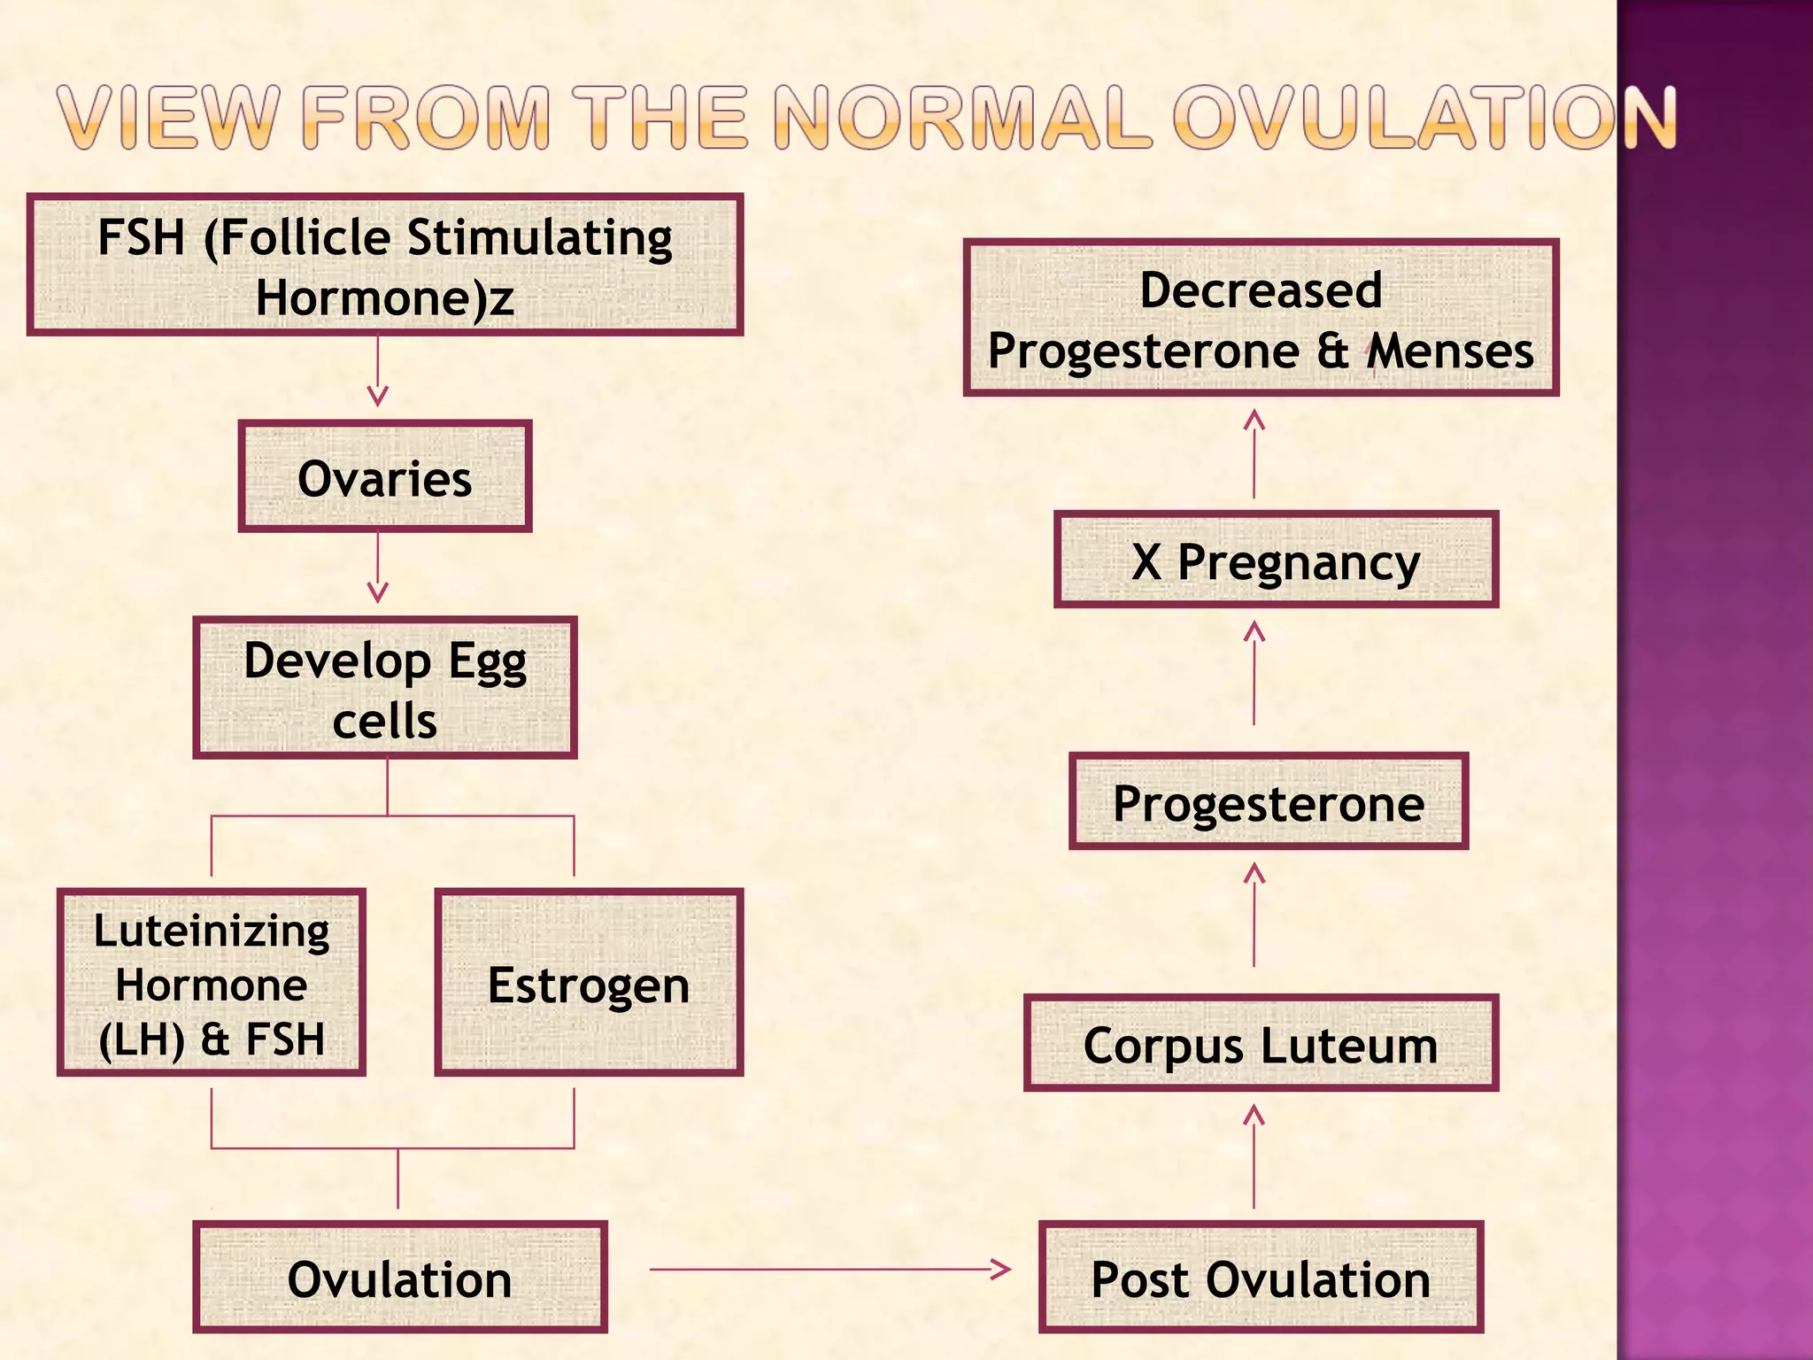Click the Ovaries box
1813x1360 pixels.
click(384, 477)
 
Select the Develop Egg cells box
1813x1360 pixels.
click(384, 688)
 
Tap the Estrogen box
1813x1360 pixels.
click(589, 983)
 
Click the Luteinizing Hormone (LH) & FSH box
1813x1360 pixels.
click(212, 983)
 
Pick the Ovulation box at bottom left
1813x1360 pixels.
click(400, 1278)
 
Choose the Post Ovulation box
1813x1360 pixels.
click(1261, 1278)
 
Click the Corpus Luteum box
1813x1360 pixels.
click(1261, 1043)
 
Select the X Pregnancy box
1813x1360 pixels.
click(1276, 560)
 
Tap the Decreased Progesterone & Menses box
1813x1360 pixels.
click(1261, 318)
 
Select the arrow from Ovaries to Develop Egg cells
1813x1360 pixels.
click(378, 567)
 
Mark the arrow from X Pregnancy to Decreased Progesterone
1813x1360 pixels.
click(1254, 453)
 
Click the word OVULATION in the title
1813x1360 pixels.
click(1425, 117)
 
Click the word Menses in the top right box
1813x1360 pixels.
click(1451, 351)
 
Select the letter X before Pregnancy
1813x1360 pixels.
click(1146, 561)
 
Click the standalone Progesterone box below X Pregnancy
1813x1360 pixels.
click(1268, 802)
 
